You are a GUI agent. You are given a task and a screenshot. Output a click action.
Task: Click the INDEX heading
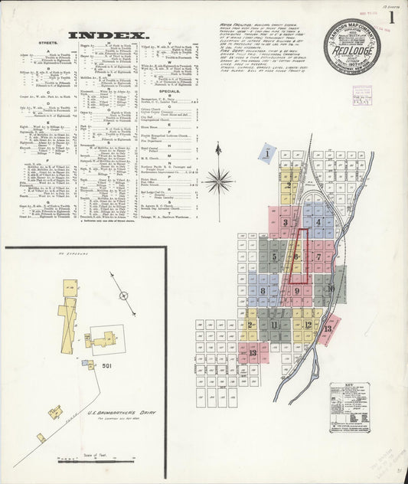(x=108, y=35)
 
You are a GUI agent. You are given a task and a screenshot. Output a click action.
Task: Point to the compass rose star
(x=219, y=181)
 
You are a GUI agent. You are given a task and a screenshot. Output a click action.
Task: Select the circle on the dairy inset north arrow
(x=122, y=294)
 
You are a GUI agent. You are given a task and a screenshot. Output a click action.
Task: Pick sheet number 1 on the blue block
(x=266, y=154)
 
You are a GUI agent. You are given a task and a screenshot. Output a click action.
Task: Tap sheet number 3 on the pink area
(x=285, y=223)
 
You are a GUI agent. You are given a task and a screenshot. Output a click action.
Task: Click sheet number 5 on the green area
(x=273, y=257)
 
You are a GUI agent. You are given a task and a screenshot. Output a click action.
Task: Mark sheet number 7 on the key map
(x=318, y=257)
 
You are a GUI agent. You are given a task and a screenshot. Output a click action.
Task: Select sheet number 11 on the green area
(x=274, y=325)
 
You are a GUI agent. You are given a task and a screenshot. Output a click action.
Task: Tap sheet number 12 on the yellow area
(x=308, y=324)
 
